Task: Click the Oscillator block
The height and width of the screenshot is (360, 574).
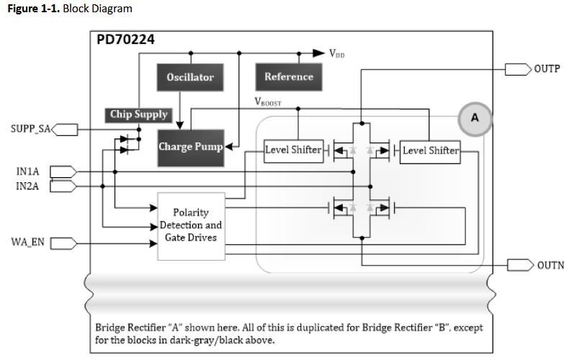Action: click(x=190, y=77)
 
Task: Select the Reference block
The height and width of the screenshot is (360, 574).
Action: click(x=288, y=76)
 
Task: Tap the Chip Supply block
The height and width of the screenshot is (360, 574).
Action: click(x=138, y=114)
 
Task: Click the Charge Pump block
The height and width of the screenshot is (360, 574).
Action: click(x=190, y=147)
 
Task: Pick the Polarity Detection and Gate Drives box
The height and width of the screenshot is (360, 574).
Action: click(x=191, y=225)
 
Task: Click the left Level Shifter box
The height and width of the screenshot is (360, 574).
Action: click(x=293, y=150)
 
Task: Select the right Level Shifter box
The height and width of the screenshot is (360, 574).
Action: click(x=430, y=150)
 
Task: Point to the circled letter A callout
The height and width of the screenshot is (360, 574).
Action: click(x=475, y=117)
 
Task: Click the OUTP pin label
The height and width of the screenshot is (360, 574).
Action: click(x=547, y=68)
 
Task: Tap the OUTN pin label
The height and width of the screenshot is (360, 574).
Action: click(x=548, y=266)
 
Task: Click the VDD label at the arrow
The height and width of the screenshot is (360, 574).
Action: click(x=336, y=53)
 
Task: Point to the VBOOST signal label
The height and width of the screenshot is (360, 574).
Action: click(x=268, y=102)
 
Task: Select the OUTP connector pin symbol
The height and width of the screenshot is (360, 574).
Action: click(x=517, y=68)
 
